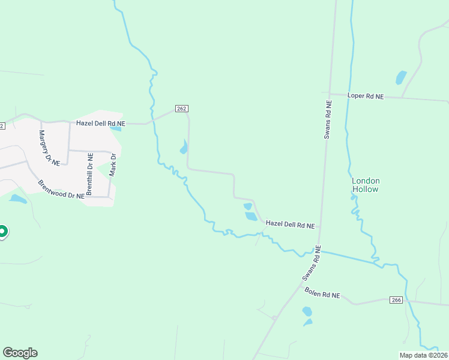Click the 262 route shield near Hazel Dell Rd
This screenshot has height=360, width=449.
[182, 109]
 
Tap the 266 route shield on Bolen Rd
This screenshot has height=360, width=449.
[395, 299]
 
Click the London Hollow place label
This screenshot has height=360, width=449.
[366, 185]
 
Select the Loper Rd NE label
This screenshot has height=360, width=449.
[366, 95]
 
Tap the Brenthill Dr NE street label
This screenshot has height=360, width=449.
[89, 174]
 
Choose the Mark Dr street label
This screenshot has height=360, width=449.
[112, 164]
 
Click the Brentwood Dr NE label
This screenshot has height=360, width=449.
[61, 190]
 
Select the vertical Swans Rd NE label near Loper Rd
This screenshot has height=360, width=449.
[328, 119]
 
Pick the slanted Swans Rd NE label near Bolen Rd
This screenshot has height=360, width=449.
[312, 263]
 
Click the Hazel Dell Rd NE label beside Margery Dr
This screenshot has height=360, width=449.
[100, 123]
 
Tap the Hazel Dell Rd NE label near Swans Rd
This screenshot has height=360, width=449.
[291, 225]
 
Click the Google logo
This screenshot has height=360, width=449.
[20, 353]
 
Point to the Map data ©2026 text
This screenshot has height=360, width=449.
[424, 355]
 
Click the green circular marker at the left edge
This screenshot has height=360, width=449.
[2, 231]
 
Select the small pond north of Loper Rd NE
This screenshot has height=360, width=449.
[400, 77]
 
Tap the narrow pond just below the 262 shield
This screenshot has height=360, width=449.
[184, 146]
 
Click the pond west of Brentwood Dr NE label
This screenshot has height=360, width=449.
[17, 199]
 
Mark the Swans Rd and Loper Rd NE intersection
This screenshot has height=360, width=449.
[330, 93]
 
